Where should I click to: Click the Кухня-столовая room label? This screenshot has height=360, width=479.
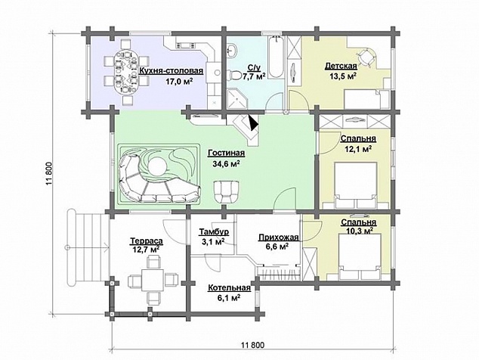(171, 71)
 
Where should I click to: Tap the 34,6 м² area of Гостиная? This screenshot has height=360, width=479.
(226, 163)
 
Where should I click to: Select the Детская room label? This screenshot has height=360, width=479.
(341, 66)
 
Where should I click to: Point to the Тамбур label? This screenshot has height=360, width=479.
(214, 232)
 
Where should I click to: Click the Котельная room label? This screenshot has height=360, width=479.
(229, 288)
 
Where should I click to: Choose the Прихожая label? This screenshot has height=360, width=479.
(278, 237)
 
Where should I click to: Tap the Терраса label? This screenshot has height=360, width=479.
(147, 241)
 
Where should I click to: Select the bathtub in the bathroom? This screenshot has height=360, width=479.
(277, 57)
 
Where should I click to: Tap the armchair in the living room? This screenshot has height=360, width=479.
(226, 191)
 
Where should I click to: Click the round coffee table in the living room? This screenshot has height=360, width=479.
(158, 166)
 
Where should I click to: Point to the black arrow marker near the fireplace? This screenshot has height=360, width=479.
(254, 123)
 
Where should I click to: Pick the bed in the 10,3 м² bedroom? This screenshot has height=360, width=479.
(360, 256)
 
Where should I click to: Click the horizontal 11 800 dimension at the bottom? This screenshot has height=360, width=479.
(252, 345)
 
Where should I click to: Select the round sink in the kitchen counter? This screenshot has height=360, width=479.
(217, 73)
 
